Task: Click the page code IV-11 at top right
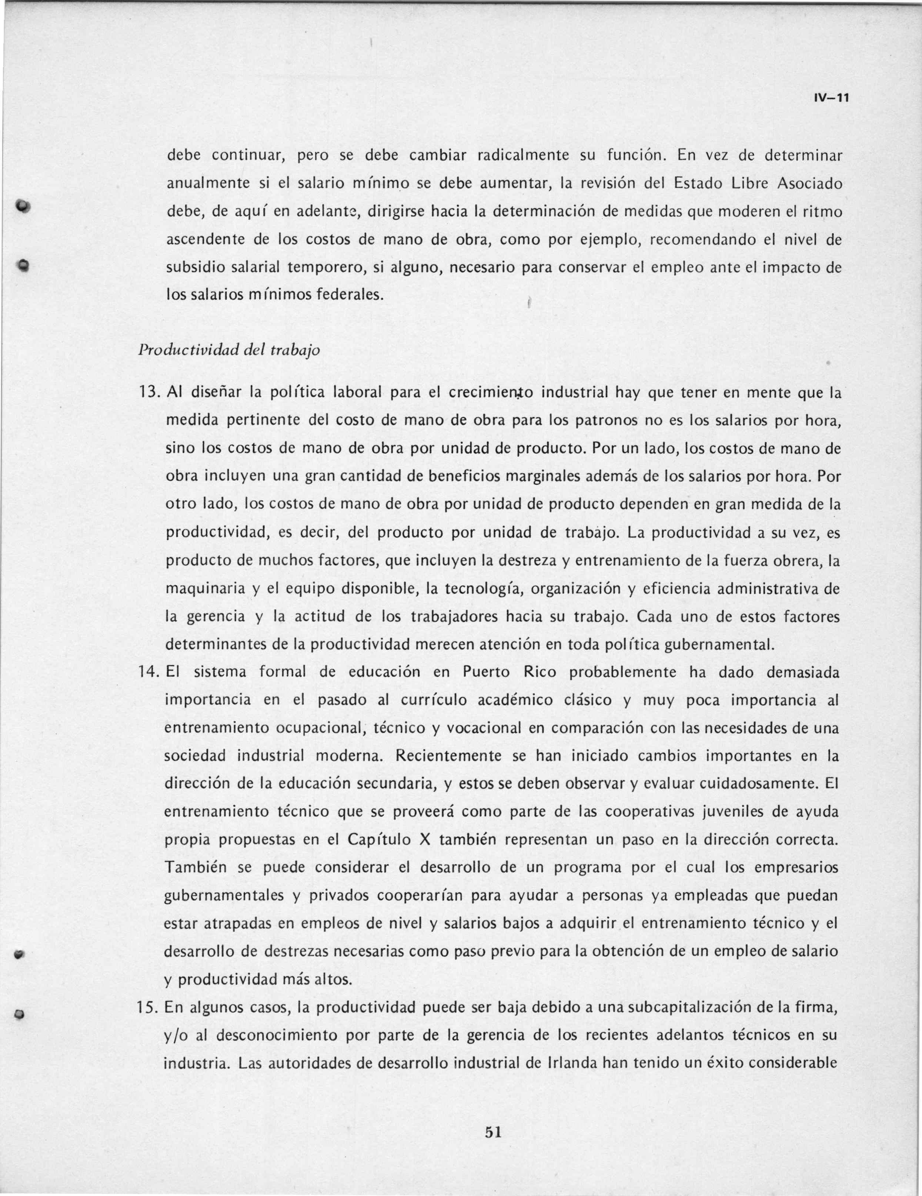click(x=831, y=98)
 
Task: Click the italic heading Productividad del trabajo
click(x=229, y=350)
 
